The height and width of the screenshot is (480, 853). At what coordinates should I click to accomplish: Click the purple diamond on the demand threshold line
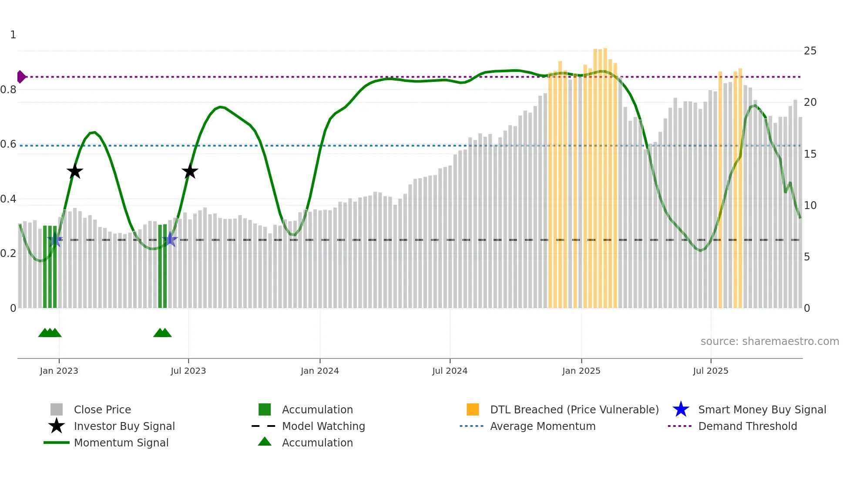(x=21, y=77)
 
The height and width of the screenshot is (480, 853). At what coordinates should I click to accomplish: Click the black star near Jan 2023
(x=75, y=172)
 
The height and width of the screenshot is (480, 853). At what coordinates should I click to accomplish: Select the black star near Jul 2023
(x=190, y=172)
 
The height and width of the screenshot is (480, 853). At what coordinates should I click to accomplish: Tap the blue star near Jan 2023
(x=55, y=240)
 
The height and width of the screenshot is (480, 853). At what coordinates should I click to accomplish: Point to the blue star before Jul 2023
(x=170, y=240)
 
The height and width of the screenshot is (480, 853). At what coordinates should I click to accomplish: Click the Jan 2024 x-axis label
(x=319, y=371)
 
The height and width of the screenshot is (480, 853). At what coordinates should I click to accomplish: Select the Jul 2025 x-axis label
(x=710, y=371)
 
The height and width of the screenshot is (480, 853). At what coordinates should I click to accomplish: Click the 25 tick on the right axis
(x=810, y=51)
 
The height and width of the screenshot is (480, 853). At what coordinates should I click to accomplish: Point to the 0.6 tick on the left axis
(x=9, y=144)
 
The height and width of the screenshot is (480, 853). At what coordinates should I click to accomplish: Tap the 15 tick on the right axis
(x=810, y=154)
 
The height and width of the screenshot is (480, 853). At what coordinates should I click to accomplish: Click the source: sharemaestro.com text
(x=769, y=341)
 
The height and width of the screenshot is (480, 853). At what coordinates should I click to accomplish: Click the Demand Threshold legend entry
(x=747, y=426)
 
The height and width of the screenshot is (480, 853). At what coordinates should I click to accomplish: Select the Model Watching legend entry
(x=323, y=426)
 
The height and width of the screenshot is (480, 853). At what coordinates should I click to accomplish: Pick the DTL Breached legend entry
(x=574, y=410)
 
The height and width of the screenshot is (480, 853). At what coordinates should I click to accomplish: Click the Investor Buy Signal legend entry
(x=124, y=426)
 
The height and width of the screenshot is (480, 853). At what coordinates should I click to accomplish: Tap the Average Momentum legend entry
(x=542, y=426)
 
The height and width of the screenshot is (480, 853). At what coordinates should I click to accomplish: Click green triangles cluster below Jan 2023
(x=50, y=333)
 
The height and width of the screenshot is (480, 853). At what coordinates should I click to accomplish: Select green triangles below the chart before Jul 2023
(x=162, y=333)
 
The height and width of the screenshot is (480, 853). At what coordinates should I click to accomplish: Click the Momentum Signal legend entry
(x=121, y=443)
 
